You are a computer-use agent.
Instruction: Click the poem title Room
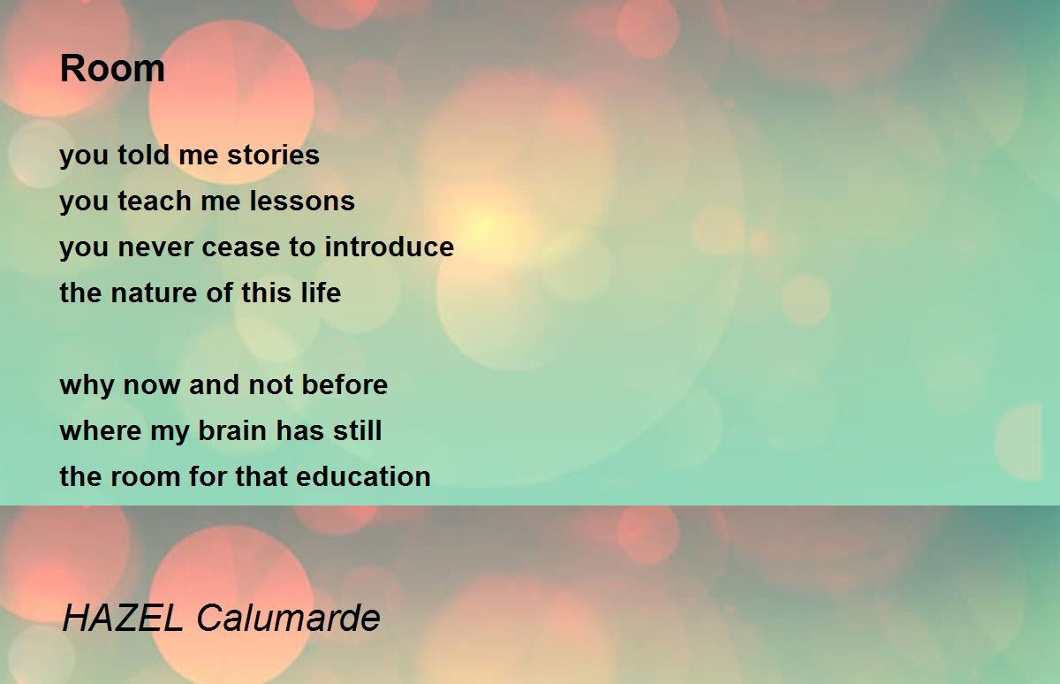[112, 69]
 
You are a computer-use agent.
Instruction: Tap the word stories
[273, 156]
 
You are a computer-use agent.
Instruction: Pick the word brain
[228, 431]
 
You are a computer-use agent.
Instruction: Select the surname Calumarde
[288, 618]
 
